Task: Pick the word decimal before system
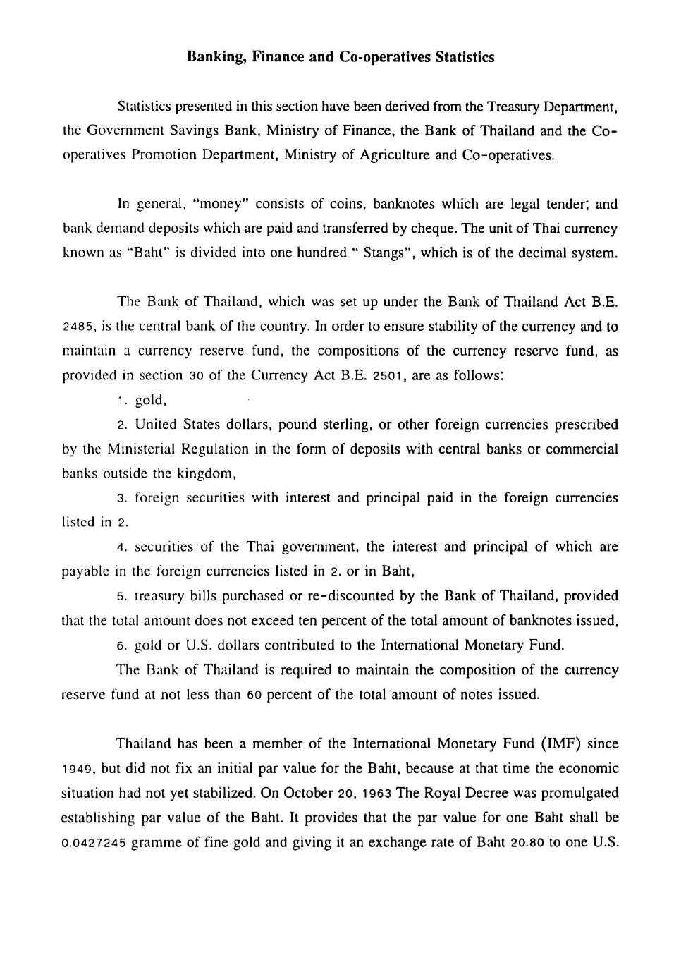538,253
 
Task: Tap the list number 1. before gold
123,401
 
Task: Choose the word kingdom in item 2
202,473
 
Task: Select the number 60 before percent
254,695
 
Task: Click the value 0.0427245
94,843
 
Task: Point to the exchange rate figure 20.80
529,843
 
